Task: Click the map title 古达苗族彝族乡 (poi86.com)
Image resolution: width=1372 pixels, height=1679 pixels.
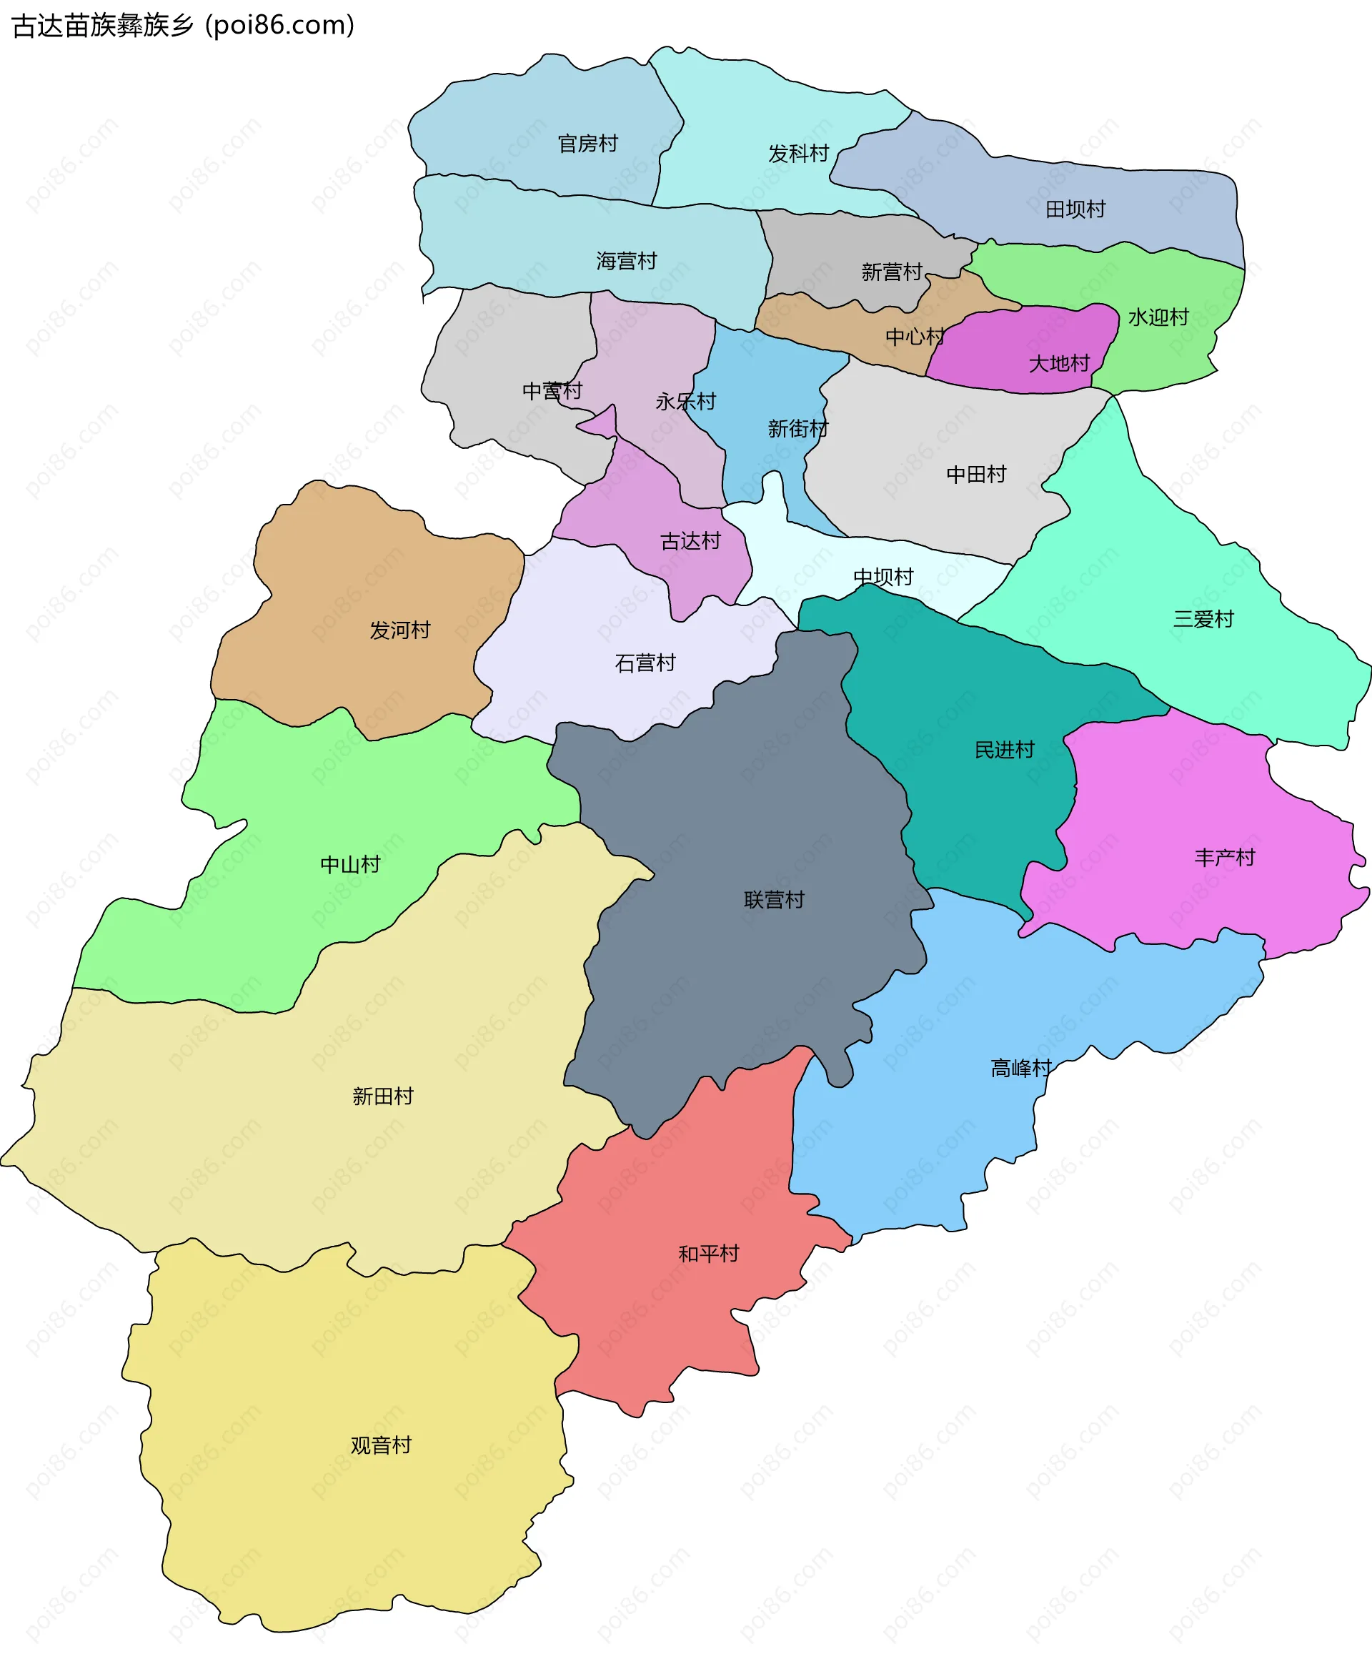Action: click(184, 26)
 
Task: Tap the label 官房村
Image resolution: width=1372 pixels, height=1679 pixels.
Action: click(587, 144)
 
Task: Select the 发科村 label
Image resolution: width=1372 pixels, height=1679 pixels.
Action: click(798, 154)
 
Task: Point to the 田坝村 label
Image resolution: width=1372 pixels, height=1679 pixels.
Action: click(1075, 209)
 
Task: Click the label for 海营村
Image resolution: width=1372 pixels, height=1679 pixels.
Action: click(626, 261)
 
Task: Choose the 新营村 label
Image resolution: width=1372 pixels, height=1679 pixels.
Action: click(892, 272)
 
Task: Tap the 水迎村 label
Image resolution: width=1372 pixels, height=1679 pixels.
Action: click(1158, 317)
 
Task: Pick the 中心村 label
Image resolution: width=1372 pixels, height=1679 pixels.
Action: click(915, 337)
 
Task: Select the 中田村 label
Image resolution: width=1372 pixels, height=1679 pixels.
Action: click(976, 475)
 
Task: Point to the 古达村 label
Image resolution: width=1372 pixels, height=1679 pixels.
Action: click(690, 542)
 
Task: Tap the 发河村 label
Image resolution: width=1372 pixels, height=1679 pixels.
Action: click(400, 630)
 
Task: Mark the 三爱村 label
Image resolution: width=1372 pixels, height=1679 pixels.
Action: click(1203, 619)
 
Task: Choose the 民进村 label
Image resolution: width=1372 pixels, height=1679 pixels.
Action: click(1004, 749)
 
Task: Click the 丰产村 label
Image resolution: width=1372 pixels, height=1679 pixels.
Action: click(1224, 858)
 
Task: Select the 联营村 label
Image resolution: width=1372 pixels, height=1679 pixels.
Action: click(774, 900)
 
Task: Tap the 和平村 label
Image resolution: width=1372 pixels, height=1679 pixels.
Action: click(708, 1254)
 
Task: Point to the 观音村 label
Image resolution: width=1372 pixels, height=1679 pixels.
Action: click(381, 1445)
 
